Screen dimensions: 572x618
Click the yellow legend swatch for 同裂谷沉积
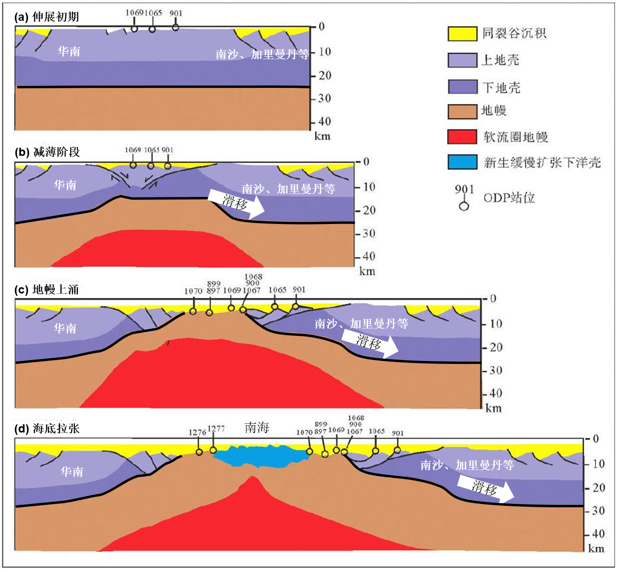tap(462, 34)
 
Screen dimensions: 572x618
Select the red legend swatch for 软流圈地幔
tap(462, 137)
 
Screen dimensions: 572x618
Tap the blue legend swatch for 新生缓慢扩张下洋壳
tap(462, 162)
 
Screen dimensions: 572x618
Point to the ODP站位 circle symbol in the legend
tap(464, 206)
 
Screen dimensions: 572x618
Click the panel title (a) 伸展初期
tap(47, 17)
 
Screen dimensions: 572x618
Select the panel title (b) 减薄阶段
tap(47, 152)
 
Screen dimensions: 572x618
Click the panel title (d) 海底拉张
tap(47, 428)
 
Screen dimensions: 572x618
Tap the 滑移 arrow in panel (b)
tap(236, 202)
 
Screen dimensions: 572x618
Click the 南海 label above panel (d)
tap(257, 427)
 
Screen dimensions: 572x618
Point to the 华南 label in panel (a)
tap(69, 51)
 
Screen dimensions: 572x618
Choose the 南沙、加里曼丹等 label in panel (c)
tap(361, 323)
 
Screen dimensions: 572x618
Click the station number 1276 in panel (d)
tap(197, 432)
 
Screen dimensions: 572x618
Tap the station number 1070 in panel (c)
tap(193, 291)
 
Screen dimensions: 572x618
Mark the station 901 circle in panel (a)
tap(175, 28)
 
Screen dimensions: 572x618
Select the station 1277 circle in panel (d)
tap(213, 450)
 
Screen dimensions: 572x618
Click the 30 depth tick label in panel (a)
tap(324, 98)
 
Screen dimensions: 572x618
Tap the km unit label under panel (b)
tap(367, 271)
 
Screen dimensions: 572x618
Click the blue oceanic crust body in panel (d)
tap(261, 456)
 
